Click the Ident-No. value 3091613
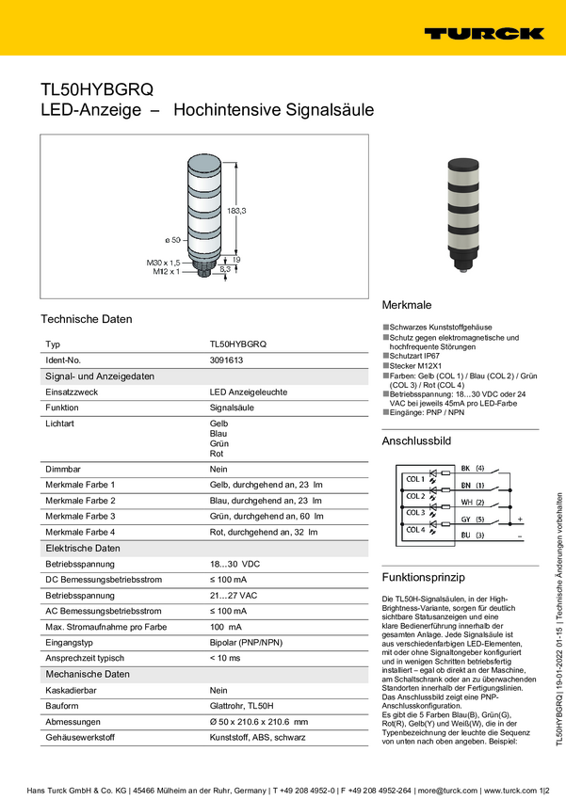(226, 360)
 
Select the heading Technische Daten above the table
(86, 319)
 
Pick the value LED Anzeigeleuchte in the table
(249, 392)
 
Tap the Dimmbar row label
(62, 469)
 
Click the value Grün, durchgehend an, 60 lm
(266, 516)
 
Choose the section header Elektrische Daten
(83, 548)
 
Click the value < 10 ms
(225, 657)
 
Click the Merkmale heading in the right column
(406, 306)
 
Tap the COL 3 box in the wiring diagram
(414, 513)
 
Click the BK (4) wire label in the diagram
(472, 468)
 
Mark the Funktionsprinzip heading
(424, 576)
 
